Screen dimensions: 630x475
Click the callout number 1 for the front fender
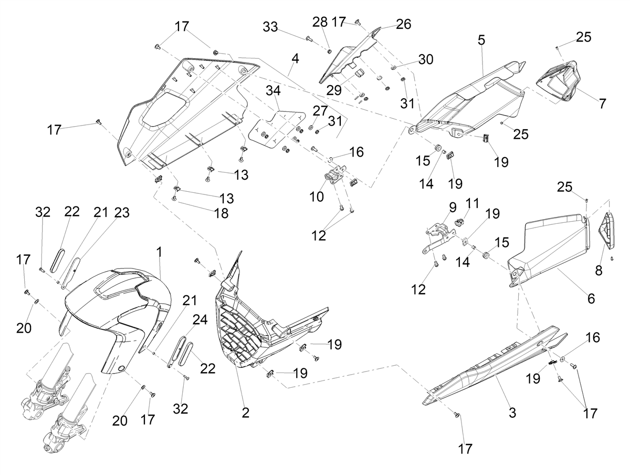click(x=159, y=252)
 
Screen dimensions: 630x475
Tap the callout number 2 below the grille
click(x=245, y=413)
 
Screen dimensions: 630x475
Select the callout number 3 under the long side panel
click(x=512, y=412)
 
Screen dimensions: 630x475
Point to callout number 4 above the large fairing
click(x=295, y=59)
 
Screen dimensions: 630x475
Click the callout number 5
click(x=481, y=40)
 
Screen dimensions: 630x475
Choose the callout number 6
click(x=591, y=298)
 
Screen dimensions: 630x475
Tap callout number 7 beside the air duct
click(x=602, y=104)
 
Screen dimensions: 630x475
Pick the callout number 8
click(x=598, y=270)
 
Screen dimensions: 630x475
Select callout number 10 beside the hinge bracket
click(x=316, y=197)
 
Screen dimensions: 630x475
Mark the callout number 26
click(x=404, y=24)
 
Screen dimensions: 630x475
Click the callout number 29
click(x=334, y=90)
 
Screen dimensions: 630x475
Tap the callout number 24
click(x=200, y=319)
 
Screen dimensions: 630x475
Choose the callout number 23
click(x=122, y=213)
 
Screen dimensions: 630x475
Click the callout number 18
click(x=222, y=213)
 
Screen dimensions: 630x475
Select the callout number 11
click(x=472, y=203)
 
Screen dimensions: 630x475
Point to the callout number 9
click(x=453, y=208)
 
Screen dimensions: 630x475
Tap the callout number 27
click(x=320, y=110)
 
